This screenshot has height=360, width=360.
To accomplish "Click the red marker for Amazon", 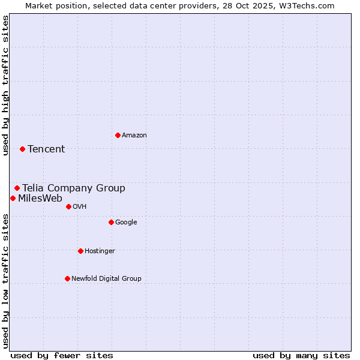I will [118, 135].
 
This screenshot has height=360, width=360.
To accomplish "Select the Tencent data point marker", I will [22, 149].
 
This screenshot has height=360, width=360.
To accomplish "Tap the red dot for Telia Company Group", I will [17, 188].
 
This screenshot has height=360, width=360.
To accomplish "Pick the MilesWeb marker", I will [13, 198].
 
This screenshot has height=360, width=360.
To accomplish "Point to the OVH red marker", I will [68, 206].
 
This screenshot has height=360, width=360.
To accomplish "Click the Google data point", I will [111, 222].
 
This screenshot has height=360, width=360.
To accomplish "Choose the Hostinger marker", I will [80, 251].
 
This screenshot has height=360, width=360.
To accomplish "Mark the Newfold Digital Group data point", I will [67, 278].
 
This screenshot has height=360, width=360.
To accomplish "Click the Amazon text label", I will [134, 135].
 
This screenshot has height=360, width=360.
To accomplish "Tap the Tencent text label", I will [46, 149].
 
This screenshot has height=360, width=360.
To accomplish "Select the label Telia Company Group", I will [74, 188].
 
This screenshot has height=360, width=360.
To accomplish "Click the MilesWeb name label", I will [40, 199].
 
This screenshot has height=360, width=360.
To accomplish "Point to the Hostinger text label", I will [100, 251].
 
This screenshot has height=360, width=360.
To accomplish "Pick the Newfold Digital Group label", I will [106, 278].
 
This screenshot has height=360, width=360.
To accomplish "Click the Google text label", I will [126, 222].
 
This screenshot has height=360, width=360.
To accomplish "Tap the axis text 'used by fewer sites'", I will [62, 355].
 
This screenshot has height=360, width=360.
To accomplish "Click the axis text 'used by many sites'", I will [301, 355].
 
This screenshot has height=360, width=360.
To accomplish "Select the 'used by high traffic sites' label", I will [5, 85].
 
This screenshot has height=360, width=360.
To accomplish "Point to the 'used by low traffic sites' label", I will [5, 281].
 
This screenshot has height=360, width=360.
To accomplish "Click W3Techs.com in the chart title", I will [308, 5].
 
